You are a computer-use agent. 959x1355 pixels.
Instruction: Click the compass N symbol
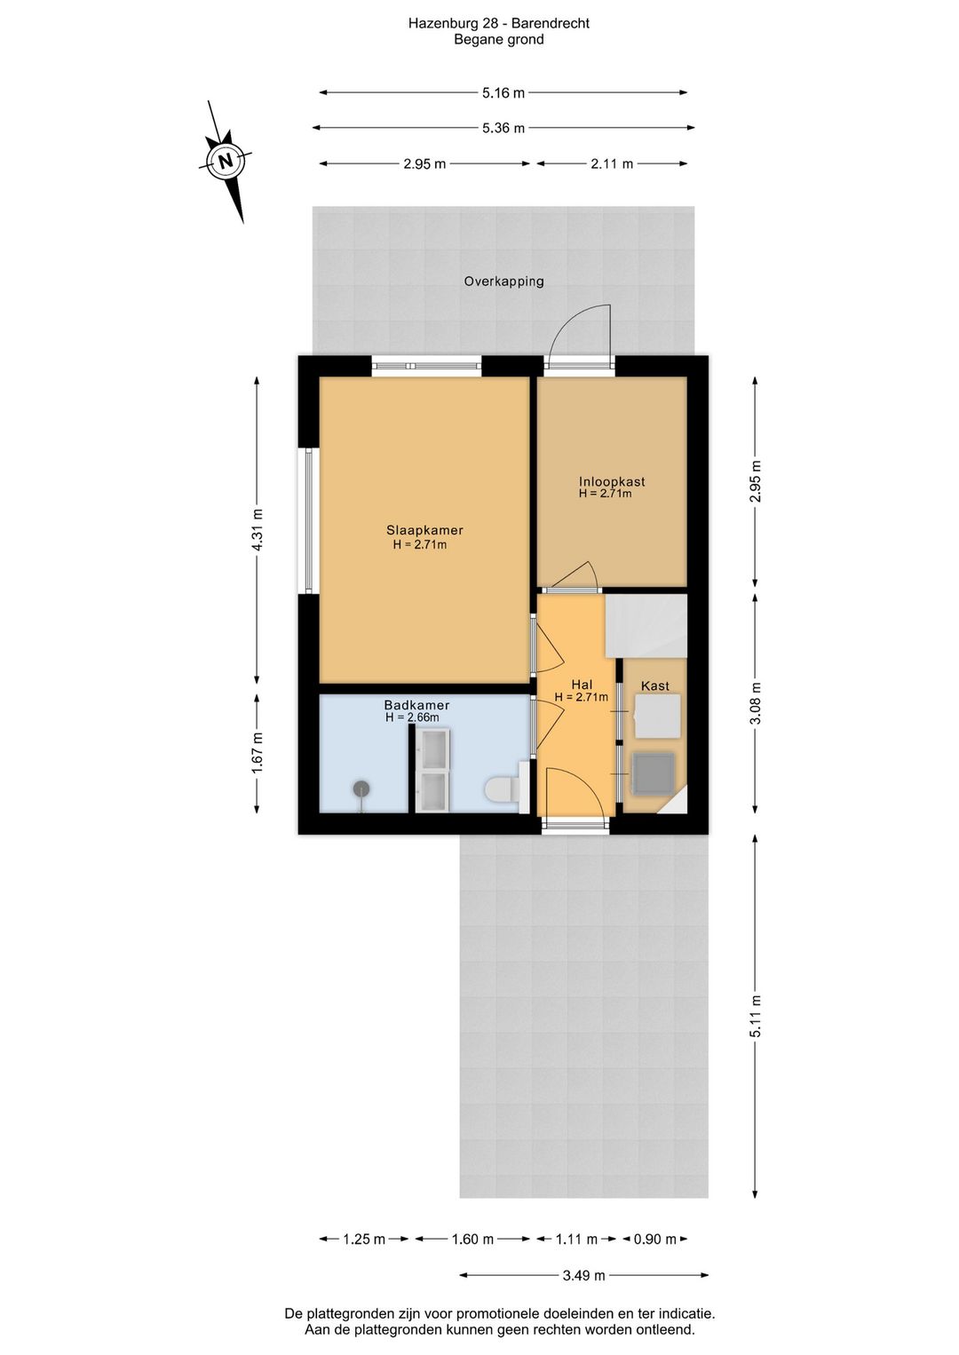point(226,162)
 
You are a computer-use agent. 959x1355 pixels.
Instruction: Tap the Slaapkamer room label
point(424,530)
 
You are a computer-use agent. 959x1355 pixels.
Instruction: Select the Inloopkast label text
point(612,481)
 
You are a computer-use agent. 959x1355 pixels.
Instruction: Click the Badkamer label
point(416,705)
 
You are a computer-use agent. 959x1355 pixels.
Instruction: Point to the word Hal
point(582,684)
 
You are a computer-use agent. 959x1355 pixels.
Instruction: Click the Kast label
point(654,685)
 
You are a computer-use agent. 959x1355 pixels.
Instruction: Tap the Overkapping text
point(503,281)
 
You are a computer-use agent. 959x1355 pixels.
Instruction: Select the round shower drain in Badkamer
point(361,788)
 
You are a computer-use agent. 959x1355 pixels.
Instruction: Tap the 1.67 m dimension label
point(258,752)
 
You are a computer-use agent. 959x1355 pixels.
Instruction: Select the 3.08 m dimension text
point(755,703)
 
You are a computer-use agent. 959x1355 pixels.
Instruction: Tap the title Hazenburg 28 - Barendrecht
point(498,24)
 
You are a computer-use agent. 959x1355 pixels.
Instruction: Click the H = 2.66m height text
point(412,717)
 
